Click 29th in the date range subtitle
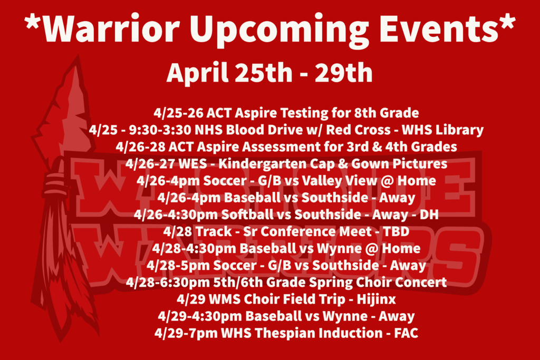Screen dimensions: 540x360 click(x=343, y=73)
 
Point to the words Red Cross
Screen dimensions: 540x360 click(x=358, y=130)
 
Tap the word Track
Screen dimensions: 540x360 click(x=214, y=231)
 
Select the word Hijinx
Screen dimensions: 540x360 click(x=377, y=299)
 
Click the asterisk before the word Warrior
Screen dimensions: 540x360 click(x=32, y=22)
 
